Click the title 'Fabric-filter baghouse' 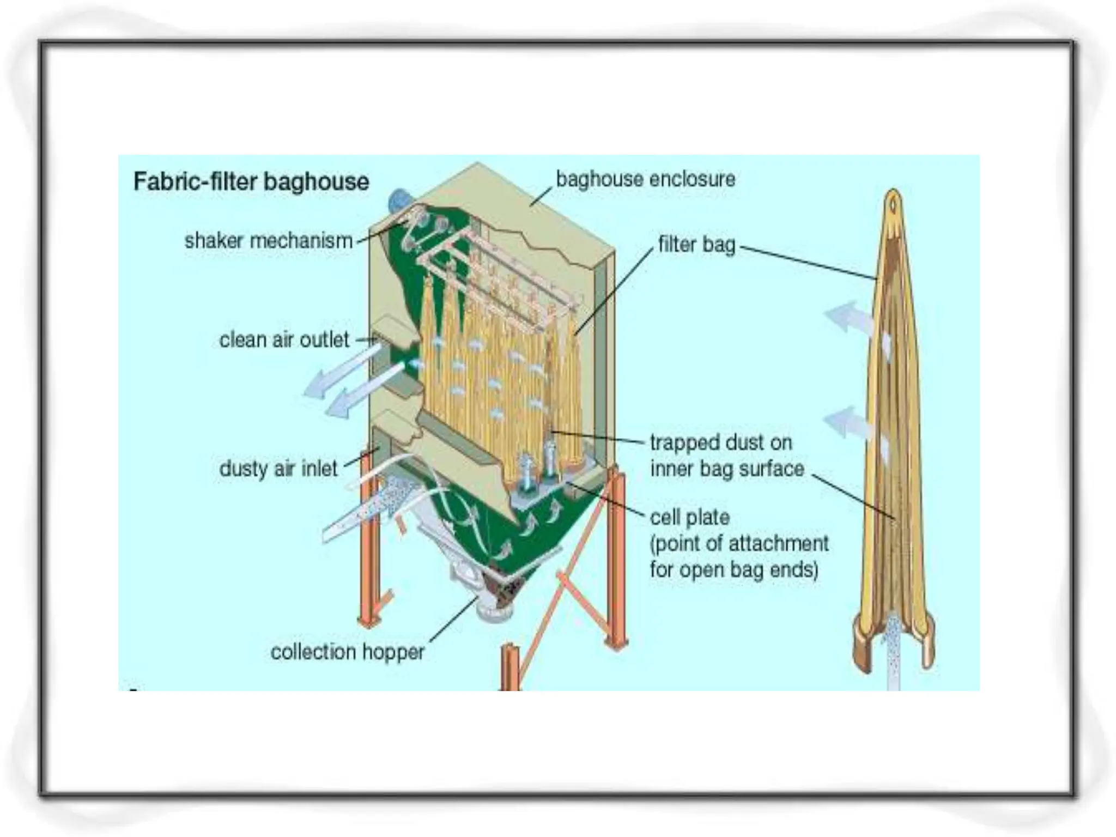(251, 181)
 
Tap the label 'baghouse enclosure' (645, 179)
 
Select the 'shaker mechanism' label (269, 241)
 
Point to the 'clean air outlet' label (283, 340)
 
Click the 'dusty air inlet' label (278, 469)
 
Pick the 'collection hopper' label (347, 652)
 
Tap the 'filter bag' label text (696, 245)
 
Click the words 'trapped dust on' (720, 442)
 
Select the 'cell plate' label (689, 517)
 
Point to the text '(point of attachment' (739, 543)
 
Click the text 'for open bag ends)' (733, 569)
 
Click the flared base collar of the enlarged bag (894, 643)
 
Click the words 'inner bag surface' (727, 469)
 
